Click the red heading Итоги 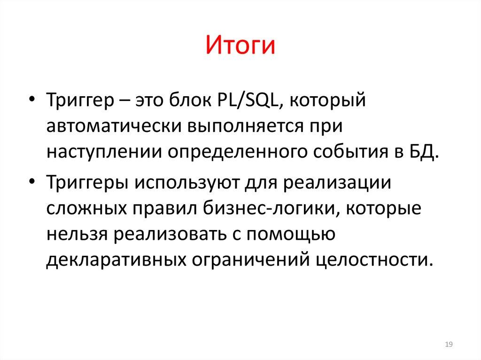240,47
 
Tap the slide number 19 448,345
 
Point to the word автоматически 113,127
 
